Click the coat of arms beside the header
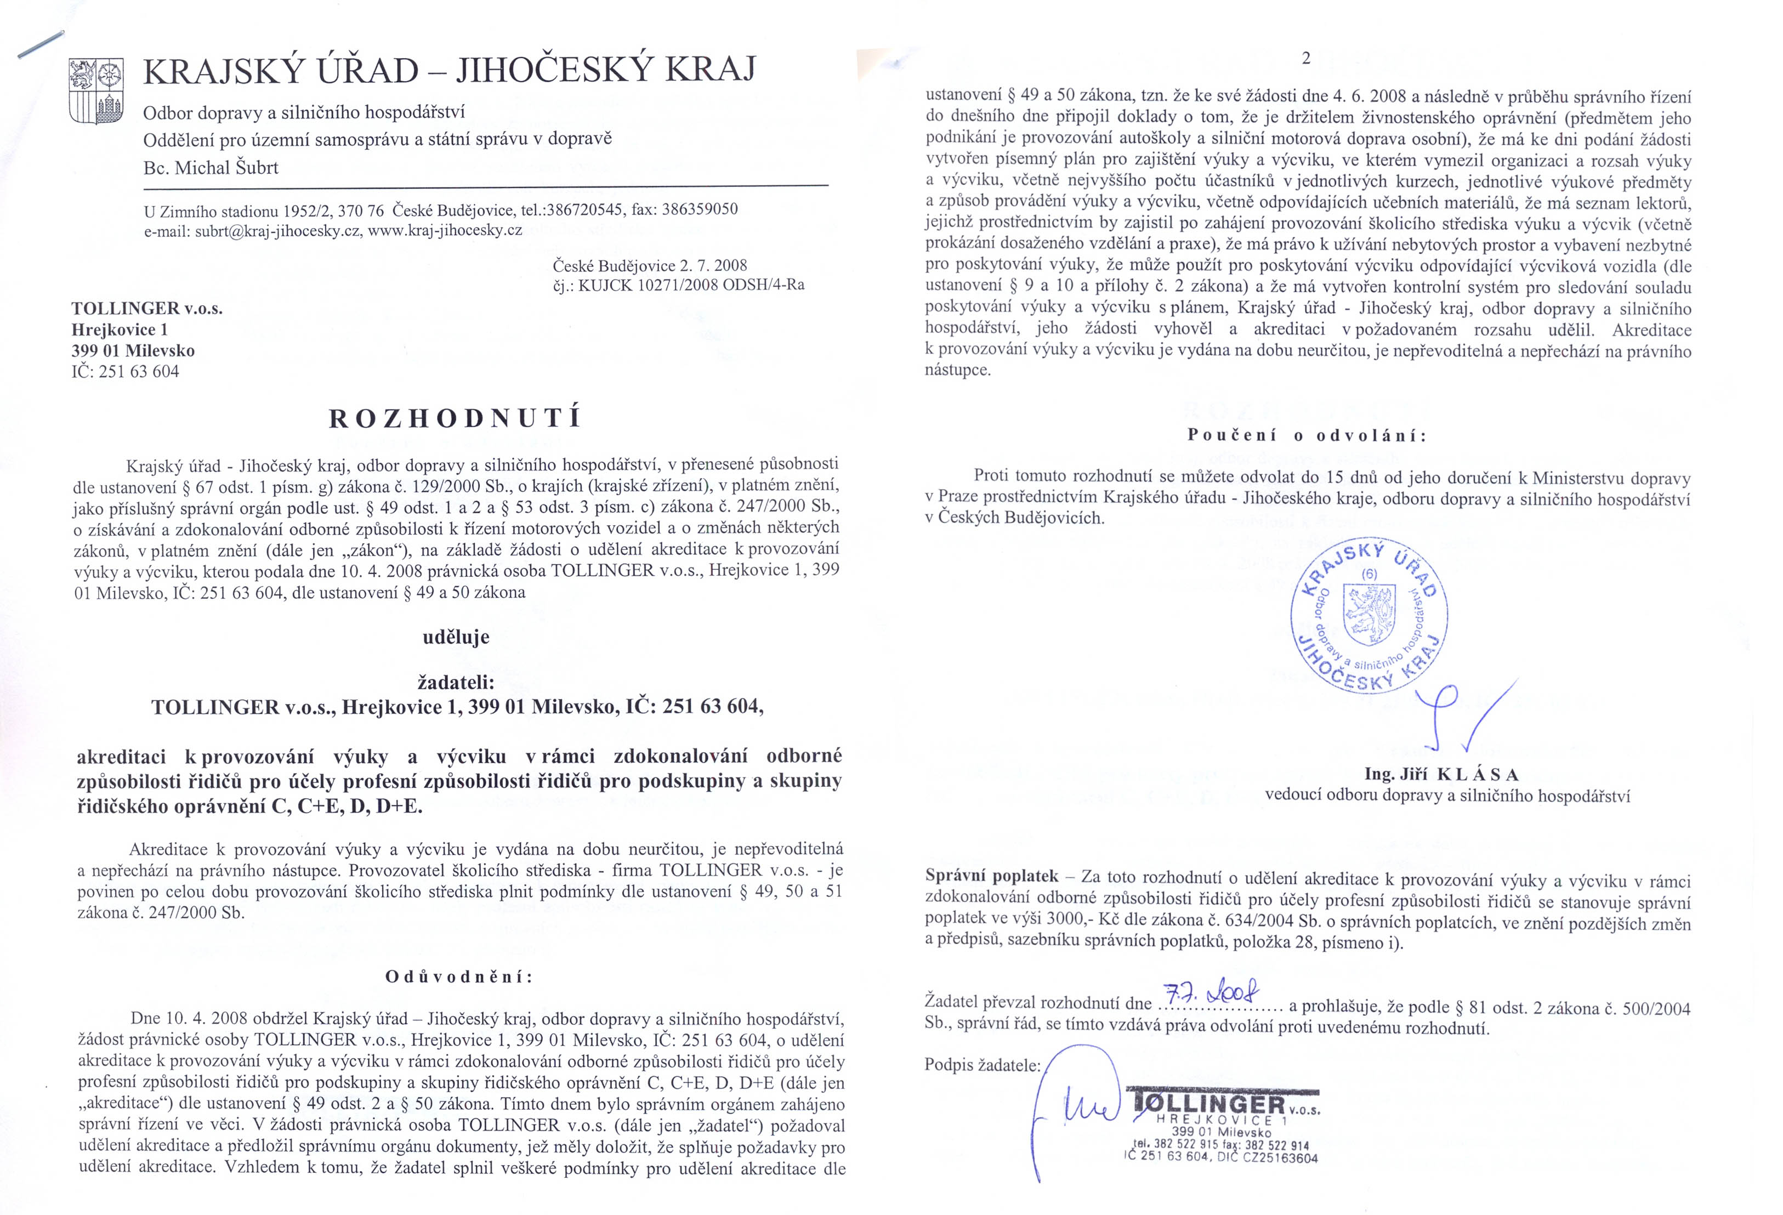[95, 90]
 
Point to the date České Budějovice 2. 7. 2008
[649, 265]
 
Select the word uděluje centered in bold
[456, 637]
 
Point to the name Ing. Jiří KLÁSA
[1441, 774]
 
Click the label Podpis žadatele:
[982, 1065]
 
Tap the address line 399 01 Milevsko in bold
[133, 350]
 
